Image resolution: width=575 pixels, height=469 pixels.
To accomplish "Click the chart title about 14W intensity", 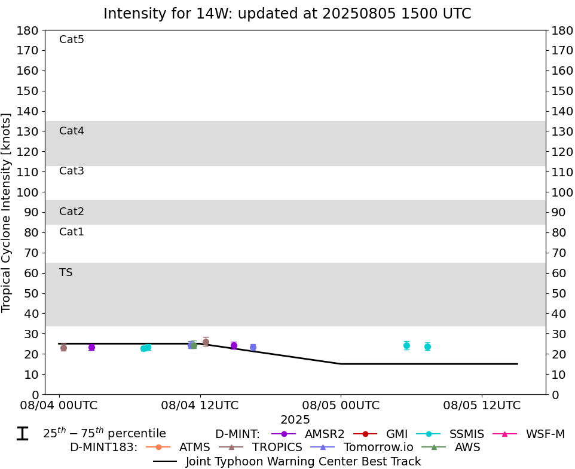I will tap(287, 14).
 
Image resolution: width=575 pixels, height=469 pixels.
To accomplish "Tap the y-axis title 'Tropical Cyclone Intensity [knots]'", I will tap(7, 212).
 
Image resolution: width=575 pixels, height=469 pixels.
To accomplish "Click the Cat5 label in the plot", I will tap(72, 39).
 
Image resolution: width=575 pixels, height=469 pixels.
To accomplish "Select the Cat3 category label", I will tap(72, 171).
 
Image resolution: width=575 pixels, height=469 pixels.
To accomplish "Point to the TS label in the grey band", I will tap(66, 272).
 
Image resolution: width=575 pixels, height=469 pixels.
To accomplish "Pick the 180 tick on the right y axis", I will tap(562, 30).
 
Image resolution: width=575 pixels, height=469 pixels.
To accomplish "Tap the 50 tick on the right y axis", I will tap(559, 293).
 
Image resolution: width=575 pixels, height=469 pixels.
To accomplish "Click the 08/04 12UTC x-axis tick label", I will tap(200, 405).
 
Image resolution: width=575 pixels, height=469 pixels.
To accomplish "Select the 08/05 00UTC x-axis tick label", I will tap(341, 405).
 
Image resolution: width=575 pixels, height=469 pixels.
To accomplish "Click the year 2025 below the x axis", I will tap(295, 420).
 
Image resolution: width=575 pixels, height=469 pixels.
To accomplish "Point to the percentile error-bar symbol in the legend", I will tap(22, 434).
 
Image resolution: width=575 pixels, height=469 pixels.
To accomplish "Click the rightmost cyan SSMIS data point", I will tap(427, 347).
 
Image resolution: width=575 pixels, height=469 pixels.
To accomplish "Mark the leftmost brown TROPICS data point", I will tap(63, 348).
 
